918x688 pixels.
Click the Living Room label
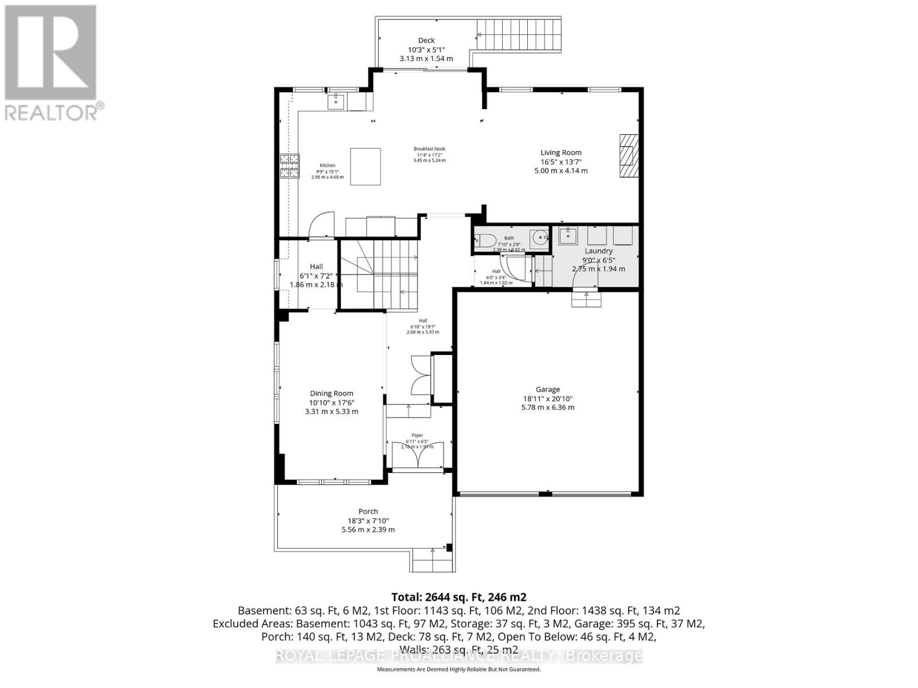561,153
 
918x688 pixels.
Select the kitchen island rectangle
365,166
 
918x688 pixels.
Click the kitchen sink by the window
336,102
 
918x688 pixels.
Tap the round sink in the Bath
539,236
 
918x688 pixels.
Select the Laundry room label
598,251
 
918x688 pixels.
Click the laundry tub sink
569,236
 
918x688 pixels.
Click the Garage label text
548,390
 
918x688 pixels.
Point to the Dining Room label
331,393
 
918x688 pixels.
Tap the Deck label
426,41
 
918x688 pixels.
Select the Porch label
368,511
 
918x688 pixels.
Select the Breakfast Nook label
429,149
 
